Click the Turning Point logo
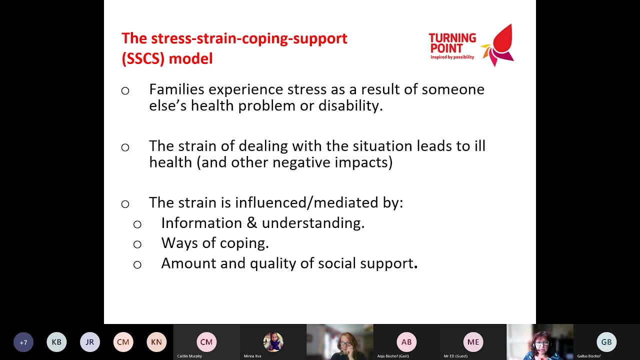(x=471, y=45)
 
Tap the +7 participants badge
(x=23, y=342)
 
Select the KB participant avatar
(x=56, y=342)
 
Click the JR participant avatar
(x=90, y=342)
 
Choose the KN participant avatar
(x=156, y=342)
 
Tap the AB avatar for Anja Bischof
(x=406, y=342)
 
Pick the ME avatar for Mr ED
(x=473, y=342)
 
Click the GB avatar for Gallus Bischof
(x=606, y=342)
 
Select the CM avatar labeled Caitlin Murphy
(x=206, y=342)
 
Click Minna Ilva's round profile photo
(x=273, y=342)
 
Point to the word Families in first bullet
(x=176, y=89)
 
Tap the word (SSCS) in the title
(x=143, y=58)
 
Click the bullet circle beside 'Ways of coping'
(x=137, y=244)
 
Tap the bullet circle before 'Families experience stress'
(x=125, y=91)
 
